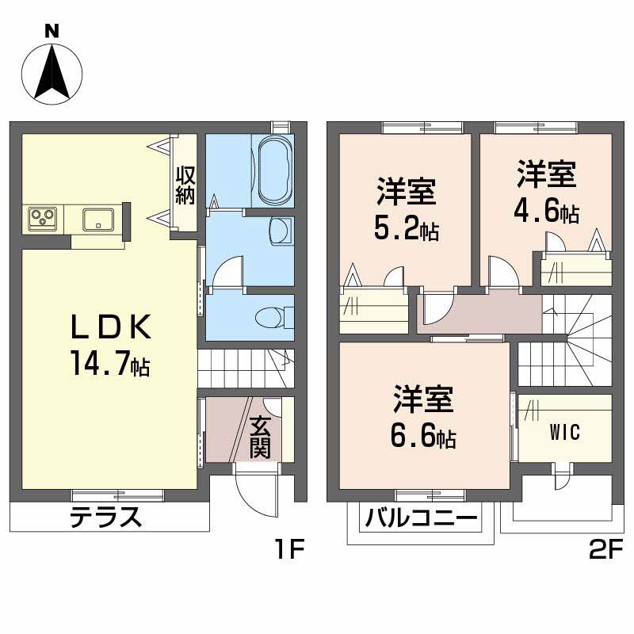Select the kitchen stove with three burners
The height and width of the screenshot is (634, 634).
pyautogui.click(x=43, y=217)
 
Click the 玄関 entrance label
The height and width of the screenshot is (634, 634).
pyautogui.click(x=261, y=437)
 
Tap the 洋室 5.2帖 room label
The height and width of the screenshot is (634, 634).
pyautogui.click(x=405, y=209)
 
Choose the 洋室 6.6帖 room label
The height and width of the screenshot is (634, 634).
pyautogui.click(x=424, y=418)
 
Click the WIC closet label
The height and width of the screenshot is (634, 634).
pyautogui.click(x=565, y=433)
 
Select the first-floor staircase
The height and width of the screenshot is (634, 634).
pyautogui.click(x=246, y=368)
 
